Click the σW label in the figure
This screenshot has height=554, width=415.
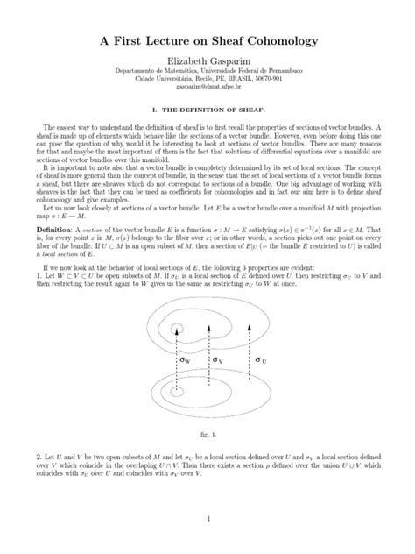point(185,359)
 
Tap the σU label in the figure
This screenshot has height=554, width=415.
point(261,359)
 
